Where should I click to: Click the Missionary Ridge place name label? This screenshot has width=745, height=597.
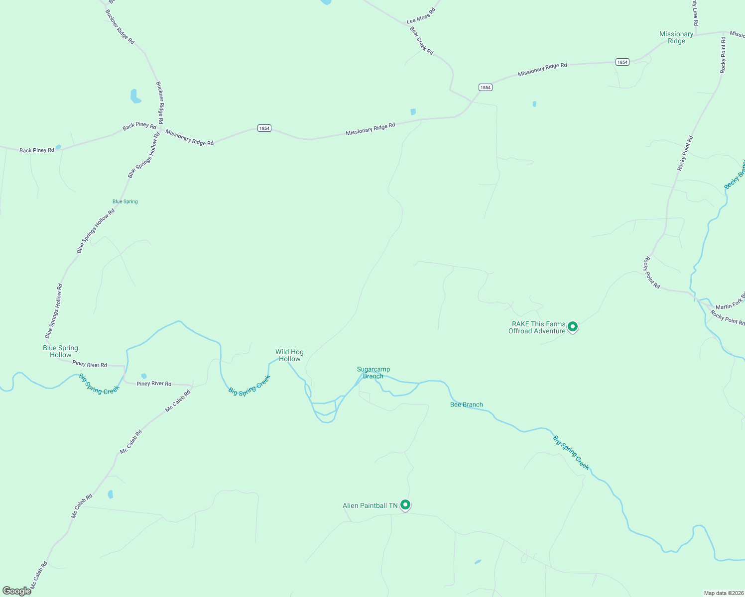coord(676,37)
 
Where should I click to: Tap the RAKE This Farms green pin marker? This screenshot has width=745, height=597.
coord(573,327)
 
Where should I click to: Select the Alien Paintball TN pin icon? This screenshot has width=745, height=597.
coord(405,505)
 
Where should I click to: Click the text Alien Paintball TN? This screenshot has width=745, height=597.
coord(370,505)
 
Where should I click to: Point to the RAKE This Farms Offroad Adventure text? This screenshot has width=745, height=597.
coord(537,327)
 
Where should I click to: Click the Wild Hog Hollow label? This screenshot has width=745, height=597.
coord(289,355)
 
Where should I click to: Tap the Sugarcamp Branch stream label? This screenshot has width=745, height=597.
coord(373,373)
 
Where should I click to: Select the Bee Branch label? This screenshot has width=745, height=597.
coord(466,404)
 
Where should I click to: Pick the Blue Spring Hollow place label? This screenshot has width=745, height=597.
coord(60,351)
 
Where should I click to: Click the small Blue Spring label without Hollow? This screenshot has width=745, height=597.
coord(125,201)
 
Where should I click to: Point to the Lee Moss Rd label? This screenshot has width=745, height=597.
coord(421,16)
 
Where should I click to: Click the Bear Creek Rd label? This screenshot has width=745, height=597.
coord(421,41)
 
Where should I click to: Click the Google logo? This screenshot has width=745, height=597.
coord(16,591)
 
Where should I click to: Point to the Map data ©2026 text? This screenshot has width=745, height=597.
coord(723,593)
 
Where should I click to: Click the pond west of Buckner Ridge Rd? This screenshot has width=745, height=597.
coord(134,97)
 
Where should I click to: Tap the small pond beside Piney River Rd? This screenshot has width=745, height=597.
coord(144,376)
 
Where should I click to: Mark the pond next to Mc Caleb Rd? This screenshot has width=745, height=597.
coord(110,494)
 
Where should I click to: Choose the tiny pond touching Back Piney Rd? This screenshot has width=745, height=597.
coord(58,147)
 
